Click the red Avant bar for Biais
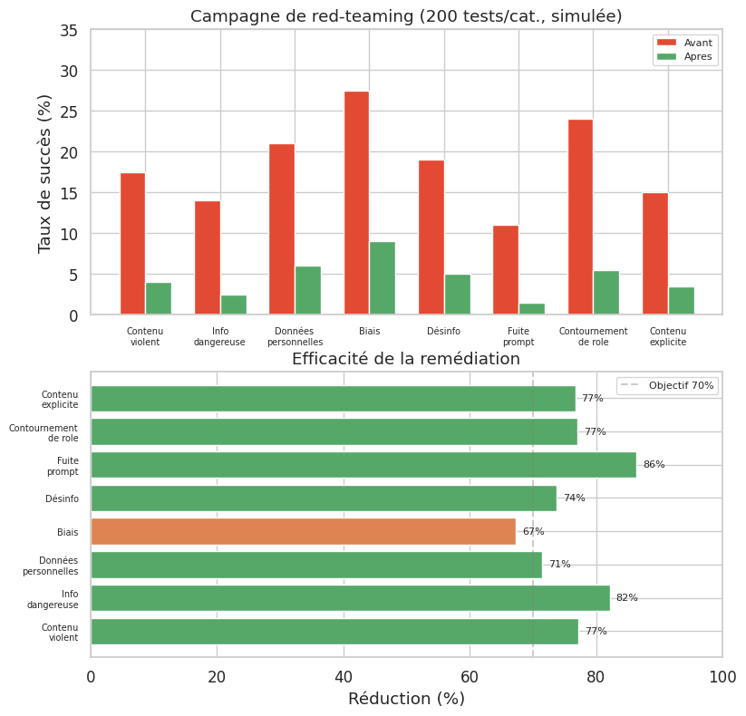click(356, 203)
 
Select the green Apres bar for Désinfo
click(457, 295)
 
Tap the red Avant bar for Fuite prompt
click(506, 270)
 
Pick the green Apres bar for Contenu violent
click(159, 299)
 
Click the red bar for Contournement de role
click(580, 218)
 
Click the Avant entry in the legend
click(685, 43)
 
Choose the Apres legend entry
click(685, 56)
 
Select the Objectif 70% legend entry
click(667, 385)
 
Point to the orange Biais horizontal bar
click(303, 531)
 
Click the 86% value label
click(654, 465)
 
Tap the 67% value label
click(533, 531)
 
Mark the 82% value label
click(626, 598)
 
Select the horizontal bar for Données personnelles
click(316, 565)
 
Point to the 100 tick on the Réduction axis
click(722, 676)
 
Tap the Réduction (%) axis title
click(406, 699)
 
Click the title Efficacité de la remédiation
click(406, 359)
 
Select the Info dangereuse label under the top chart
click(219, 337)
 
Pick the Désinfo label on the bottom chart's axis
click(62, 498)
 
